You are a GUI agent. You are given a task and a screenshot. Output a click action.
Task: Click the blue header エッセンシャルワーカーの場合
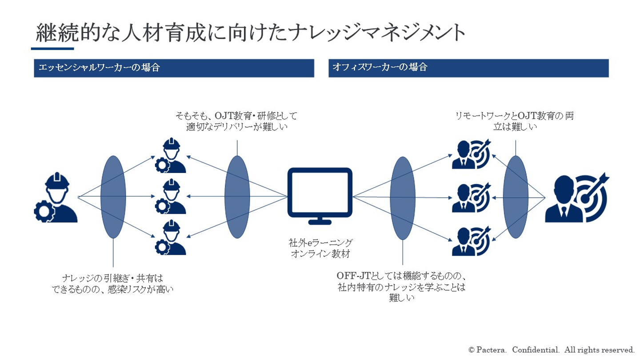coord(174,68)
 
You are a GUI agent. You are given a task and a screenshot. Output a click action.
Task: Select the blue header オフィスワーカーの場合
coord(468,68)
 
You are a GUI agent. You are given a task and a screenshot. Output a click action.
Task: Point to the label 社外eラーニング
coord(320,243)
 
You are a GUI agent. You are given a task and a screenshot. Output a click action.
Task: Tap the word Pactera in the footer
coord(492,350)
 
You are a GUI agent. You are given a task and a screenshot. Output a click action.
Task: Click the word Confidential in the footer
coord(535,350)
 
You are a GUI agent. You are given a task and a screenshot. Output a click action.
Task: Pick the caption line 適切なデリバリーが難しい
coord(237,127)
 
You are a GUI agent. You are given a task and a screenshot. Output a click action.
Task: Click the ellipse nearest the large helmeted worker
coord(113,197)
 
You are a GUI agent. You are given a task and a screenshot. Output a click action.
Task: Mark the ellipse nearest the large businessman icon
coord(516,197)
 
